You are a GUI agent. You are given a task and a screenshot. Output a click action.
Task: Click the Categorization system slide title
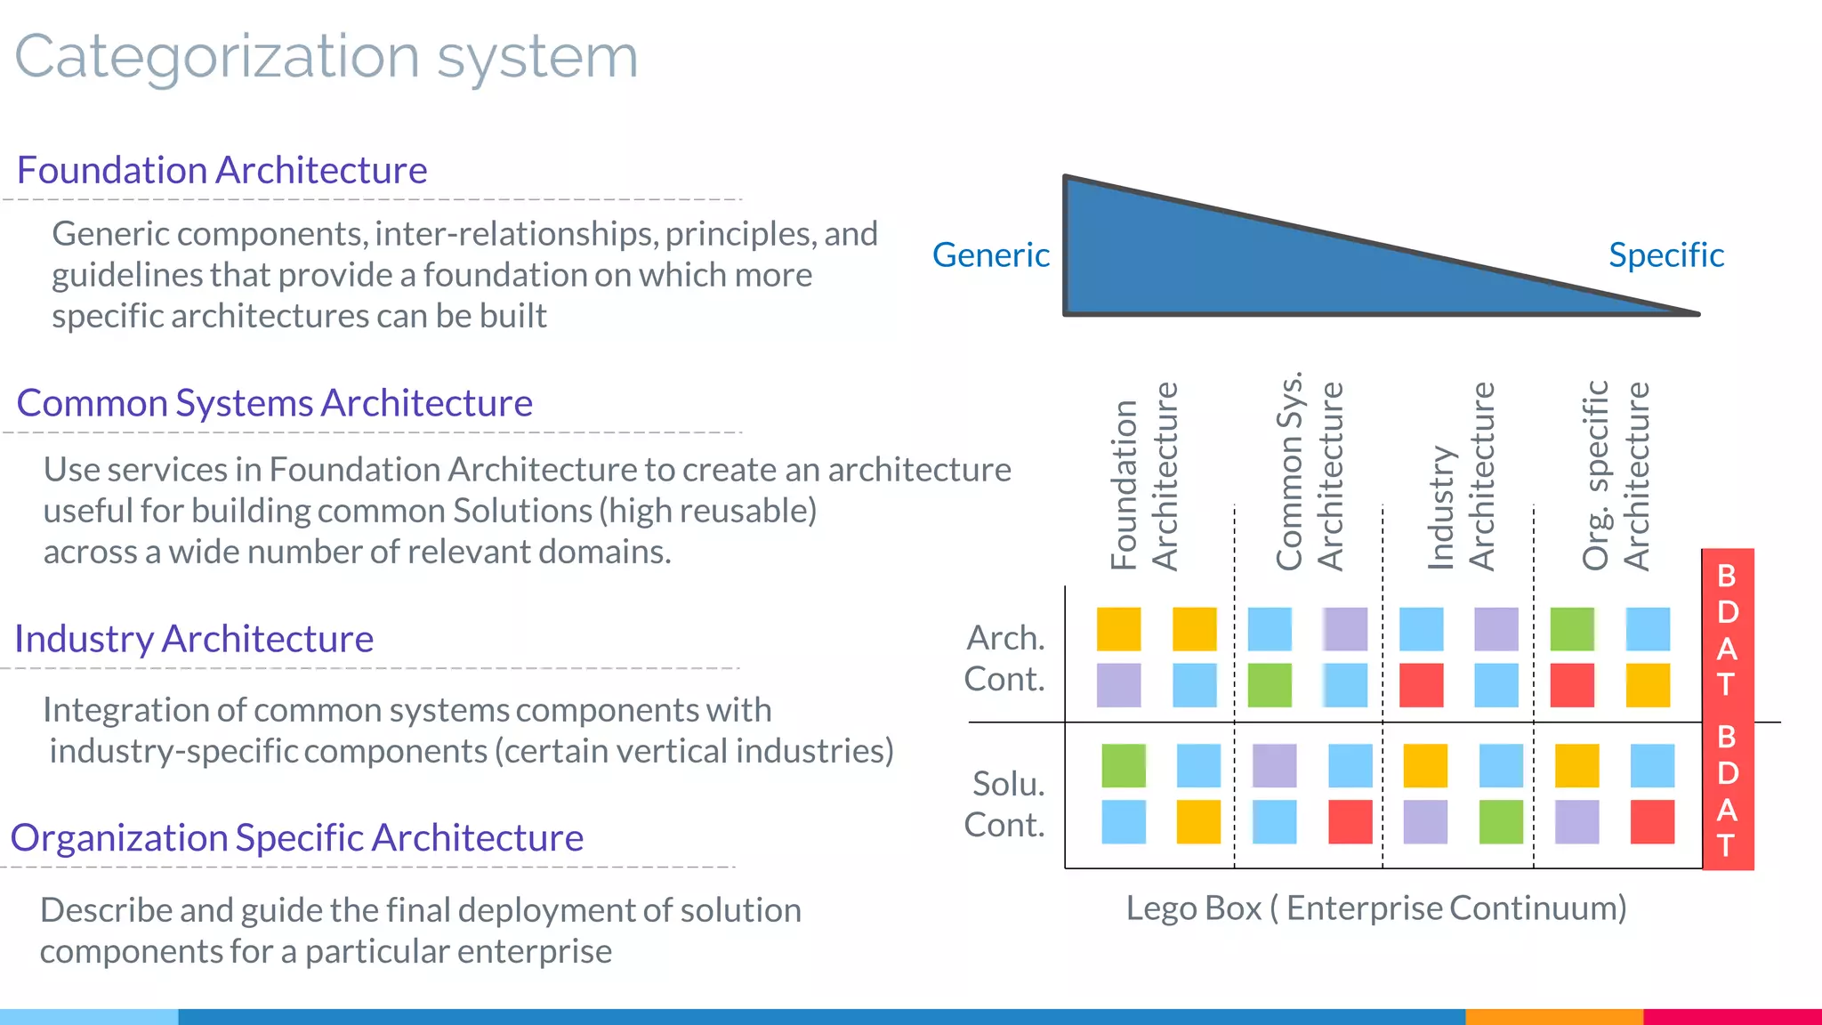[327, 57]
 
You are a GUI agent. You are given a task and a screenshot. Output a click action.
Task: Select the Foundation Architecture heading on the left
[222, 170]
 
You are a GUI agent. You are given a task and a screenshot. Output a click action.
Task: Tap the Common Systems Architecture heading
[274, 403]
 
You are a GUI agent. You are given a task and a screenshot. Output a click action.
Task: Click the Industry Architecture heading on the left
[194, 639]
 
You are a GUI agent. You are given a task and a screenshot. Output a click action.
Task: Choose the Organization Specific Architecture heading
[297, 838]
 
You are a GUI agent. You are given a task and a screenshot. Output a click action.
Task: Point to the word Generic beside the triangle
[990, 255]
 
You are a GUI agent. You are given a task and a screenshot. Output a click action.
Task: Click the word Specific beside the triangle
[1665, 255]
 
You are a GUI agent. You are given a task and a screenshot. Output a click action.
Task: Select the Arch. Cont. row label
[1005, 658]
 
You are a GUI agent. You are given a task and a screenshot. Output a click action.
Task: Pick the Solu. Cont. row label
[1005, 804]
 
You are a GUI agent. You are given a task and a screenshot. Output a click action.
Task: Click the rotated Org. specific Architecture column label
[1616, 476]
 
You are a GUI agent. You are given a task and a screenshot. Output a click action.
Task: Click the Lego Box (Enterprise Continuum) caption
[1375, 908]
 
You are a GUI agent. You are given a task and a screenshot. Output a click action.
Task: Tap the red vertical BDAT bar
[1728, 709]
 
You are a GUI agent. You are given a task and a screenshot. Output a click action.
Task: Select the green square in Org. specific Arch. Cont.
[1572, 629]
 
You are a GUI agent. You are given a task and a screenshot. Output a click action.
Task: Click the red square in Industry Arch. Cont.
[1421, 685]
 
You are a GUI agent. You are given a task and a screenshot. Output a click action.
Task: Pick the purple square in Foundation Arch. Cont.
[1118, 685]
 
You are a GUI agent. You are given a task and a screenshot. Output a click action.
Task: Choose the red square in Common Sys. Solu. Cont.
[1350, 821]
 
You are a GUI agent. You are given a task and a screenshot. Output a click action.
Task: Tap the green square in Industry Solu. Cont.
[1501, 821]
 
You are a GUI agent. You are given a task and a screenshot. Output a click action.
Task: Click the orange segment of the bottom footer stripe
[1553, 1016]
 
